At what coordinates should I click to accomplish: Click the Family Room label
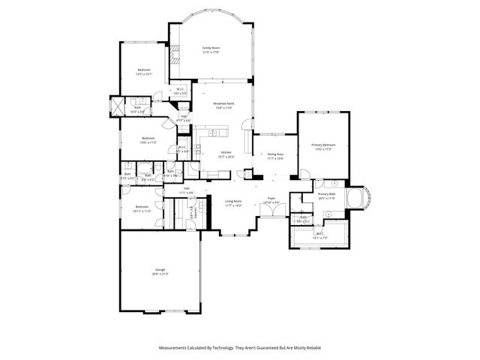pyautogui.click(x=211, y=48)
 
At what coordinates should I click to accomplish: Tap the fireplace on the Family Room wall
pyautogui.click(x=175, y=54)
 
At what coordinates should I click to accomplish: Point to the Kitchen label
pyautogui.click(x=226, y=152)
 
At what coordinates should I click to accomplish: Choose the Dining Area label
pyautogui.click(x=276, y=154)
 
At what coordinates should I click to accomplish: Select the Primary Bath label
pyautogui.click(x=326, y=193)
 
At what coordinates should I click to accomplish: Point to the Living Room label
pyautogui.click(x=233, y=201)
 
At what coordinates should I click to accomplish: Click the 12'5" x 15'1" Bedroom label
pyautogui.click(x=143, y=70)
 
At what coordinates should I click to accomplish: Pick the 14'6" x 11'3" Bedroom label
pyautogui.click(x=148, y=138)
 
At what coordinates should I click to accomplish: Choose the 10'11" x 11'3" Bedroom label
pyautogui.click(x=142, y=207)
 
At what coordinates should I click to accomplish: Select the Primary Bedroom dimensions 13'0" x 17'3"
pyautogui.click(x=323, y=149)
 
